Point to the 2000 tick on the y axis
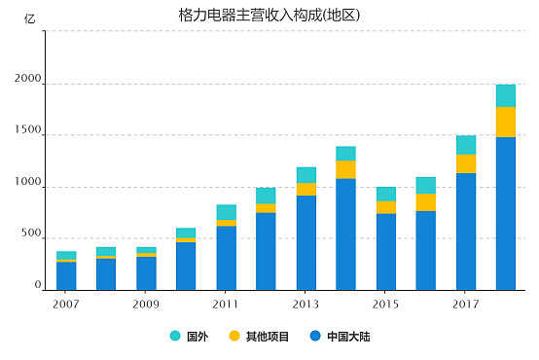tap(27, 85)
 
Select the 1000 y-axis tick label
tap(27, 183)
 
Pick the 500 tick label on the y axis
tap(31, 234)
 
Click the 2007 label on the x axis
tap(65, 303)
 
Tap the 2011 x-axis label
tap(226, 303)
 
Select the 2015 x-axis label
tap(386, 303)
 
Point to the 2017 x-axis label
tap(466, 303)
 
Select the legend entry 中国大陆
tap(340, 337)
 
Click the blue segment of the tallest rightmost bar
tap(505, 214)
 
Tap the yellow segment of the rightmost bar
tap(505, 122)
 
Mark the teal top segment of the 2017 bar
tap(466, 145)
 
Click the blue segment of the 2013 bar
tap(305, 242)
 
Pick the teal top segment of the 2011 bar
tap(226, 212)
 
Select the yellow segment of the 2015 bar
tap(386, 207)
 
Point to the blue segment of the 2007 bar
tap(66, 275)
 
